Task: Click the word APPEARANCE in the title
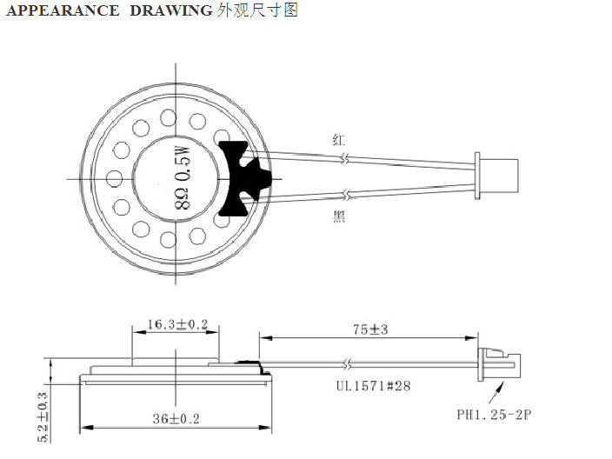pyautogui.click(x=63, y=10)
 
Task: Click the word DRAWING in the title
pyautogui.click(x=171, y=10)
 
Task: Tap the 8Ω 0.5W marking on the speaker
pyautogui.click(x=183, y=177)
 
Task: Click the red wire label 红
pyautogui.click(x=339, y=139)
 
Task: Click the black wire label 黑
pyautogui.click(x=339, y=216)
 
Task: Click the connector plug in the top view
pyautogui.click(x=496, y=176)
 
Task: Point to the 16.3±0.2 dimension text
pyautogui.click(x=177, y=324)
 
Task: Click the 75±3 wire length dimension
pyautogui.click(x=370, y=329)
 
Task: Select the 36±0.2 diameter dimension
pyautogui.click(x=176, y=419)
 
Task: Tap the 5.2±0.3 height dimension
pyautogui.click(x=43, y=417)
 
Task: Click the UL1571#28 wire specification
pyautogui.click(x=374, y=386)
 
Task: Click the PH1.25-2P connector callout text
pyautogui.click(x=494, y=414)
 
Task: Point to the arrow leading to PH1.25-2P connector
pyautogui.click(x=496, y=393)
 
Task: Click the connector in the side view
pyautogui.click(x=500, y=364)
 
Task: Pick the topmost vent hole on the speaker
pyautogui.click(x=169, y=117)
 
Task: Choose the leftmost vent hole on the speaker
pyautogui.click(x=114, y=178)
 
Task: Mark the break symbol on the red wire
pyautogui.click(x=345, y=158)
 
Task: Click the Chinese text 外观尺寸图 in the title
pyautogui.click(x=257, y=10)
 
